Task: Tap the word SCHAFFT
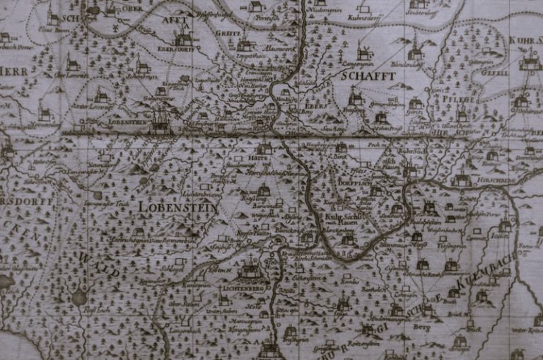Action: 367,75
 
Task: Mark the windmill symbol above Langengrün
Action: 365,52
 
